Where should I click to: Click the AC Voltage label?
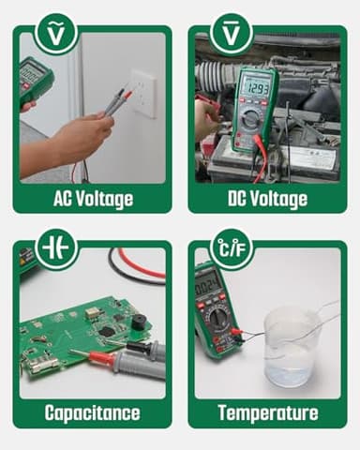[x=92, y=199]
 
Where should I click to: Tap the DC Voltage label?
[x=267, y=199]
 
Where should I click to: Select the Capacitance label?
[x=92, y=412]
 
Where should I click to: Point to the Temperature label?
[x=267, y=412]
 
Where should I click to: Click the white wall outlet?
[x=144, y=93]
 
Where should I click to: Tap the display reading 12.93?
[x=255, y=87]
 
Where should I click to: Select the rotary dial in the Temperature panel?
[x=217, y=316]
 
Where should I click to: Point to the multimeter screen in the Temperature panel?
[x=207, y=281]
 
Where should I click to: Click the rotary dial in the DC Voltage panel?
[x=253, y=123]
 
